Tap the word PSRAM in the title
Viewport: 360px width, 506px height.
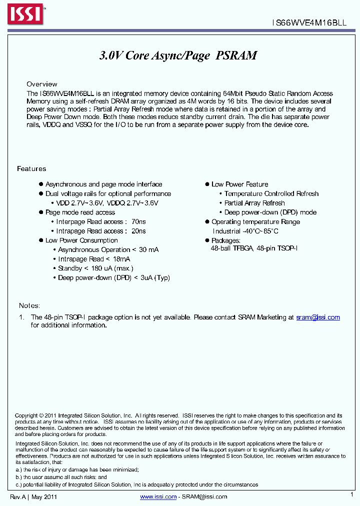[x=236, y=55]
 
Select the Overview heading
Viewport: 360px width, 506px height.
[x=42, y=84]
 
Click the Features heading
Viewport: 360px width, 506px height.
[x=31, y=169]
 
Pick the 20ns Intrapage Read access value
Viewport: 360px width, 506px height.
[x=138, y=231]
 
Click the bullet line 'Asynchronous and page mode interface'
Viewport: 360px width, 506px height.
[x=103, y=184]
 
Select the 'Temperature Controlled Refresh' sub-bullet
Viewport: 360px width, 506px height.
[x=271, y=193]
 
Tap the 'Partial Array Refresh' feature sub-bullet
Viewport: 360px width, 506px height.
[x=254, y=203]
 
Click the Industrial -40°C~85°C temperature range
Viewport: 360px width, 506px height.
[x=245, y=231]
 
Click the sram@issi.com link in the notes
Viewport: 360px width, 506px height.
[x=317, y=317]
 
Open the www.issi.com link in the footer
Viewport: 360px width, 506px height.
[x=158, y=496]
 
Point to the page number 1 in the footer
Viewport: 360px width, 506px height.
[x=351, y=494]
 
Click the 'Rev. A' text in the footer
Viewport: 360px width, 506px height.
[x=18, y=496]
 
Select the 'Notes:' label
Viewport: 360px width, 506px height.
[x=29, y=305]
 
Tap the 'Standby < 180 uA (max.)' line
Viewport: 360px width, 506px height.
[x=95, y=268]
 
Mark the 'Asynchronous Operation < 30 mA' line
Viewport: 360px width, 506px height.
[x=108, y=249]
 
